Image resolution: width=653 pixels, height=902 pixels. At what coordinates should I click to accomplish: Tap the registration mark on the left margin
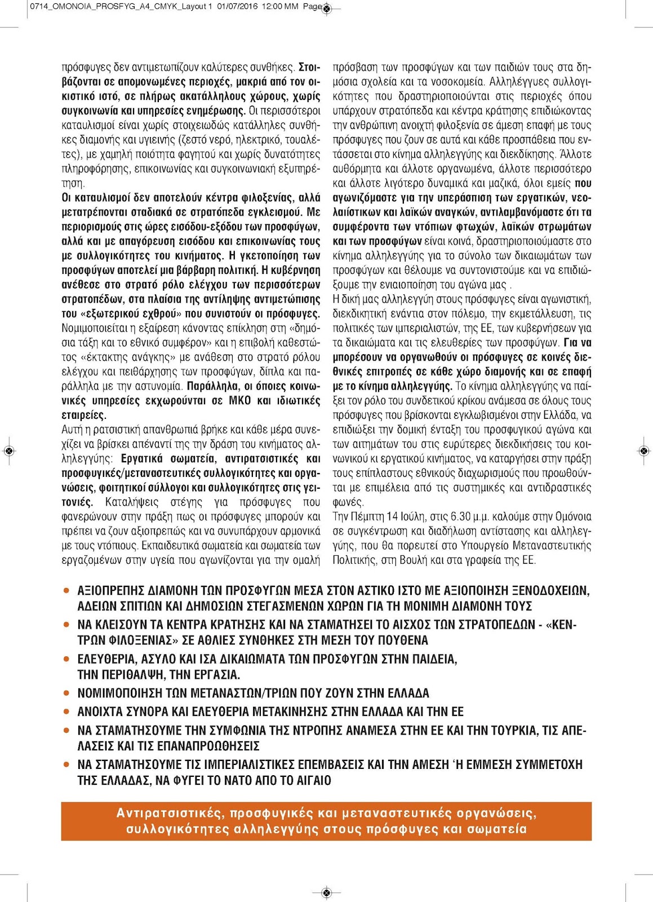pos(9,450)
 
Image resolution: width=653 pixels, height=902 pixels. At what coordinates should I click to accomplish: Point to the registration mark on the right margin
pos(644,450)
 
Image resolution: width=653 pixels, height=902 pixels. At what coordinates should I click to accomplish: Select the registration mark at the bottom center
pos(326,892)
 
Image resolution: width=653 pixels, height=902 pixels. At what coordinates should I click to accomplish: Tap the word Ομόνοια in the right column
pos(573,516)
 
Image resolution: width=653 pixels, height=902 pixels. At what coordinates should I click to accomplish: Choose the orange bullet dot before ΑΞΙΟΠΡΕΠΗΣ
pos(66,591)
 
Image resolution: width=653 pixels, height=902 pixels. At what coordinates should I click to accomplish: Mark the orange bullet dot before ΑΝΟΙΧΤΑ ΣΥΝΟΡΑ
pos(66,711)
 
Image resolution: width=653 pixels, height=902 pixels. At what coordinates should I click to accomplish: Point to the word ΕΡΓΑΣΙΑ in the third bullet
pos(211,675)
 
